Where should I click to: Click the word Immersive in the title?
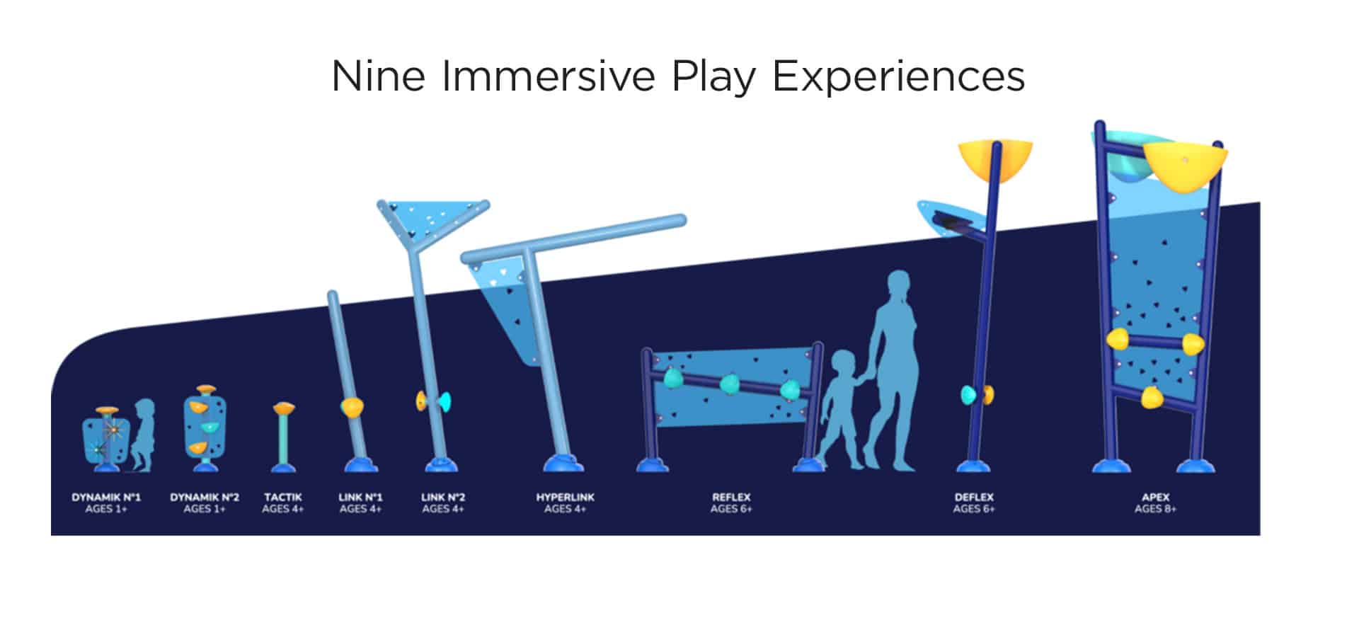tap(548, 76)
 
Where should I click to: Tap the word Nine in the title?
tap(378, 76)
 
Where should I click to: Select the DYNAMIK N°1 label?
tap(106, 498)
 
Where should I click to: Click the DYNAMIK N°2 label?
tap(205, 498)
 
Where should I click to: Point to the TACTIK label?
tap(283, 498)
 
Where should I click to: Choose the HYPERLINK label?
tap(566, 498)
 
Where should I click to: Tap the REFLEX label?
tap(731, 498)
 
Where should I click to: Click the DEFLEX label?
tap(974, 498)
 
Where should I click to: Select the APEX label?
tap(1156, 498)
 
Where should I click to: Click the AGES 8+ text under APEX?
tap(1156, 509)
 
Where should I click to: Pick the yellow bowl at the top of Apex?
tap(1185, 167)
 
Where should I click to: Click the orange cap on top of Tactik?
tap(284, 408)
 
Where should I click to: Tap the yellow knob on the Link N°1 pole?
tap(352, 407)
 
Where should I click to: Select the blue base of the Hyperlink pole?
tap(563, 464)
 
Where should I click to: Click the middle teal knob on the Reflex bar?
tap(730, 385)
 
